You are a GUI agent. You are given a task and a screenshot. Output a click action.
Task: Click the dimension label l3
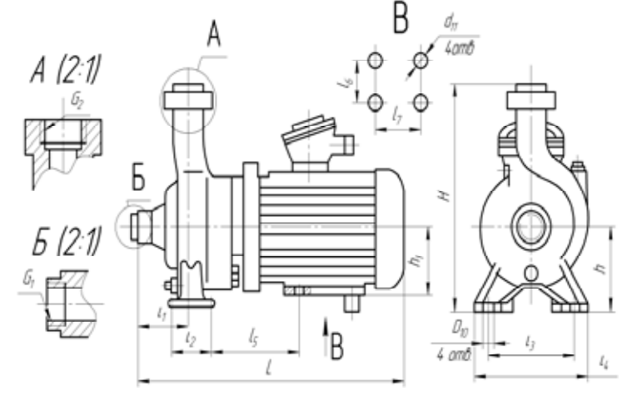click(530, 342)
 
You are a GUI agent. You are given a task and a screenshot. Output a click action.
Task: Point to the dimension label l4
click(605, 361)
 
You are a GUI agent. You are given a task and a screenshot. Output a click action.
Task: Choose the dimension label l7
click(399, 120)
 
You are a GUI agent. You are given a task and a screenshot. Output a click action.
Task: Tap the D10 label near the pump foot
click(458, 332)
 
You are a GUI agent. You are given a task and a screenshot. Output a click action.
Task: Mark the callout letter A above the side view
click(213, 36)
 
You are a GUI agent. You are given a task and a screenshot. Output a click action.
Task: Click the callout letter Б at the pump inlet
click(139, 178)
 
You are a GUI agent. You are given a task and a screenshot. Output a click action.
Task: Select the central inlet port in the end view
click(530, 227)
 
